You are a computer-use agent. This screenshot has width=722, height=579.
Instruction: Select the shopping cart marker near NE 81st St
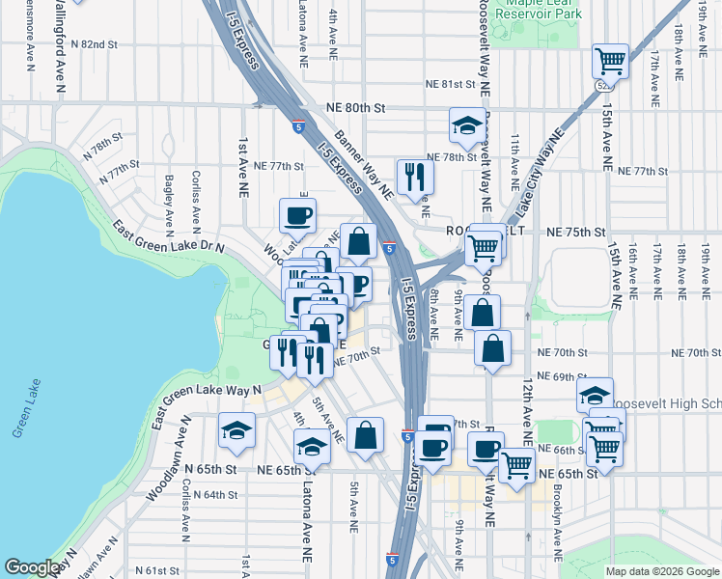coord(610,62)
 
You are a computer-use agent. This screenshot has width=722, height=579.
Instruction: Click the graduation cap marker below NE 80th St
coord(467,125)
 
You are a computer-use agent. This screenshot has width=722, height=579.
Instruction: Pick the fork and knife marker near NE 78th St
coord(415,176)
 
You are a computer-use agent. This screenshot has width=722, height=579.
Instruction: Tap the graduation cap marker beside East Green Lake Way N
coord(236,431)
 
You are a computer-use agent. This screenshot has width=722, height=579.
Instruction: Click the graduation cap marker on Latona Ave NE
coord(311,447)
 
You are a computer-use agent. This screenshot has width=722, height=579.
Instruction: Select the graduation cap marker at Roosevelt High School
coord(595,395)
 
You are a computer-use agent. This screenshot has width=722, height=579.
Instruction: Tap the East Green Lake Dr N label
coord(168,237)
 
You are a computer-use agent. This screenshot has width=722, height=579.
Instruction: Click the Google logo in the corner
coord(34,567)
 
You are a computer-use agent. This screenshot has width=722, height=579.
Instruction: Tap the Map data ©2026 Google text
coord(660,571)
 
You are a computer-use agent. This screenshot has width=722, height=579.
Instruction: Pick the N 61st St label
coord(159,570)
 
